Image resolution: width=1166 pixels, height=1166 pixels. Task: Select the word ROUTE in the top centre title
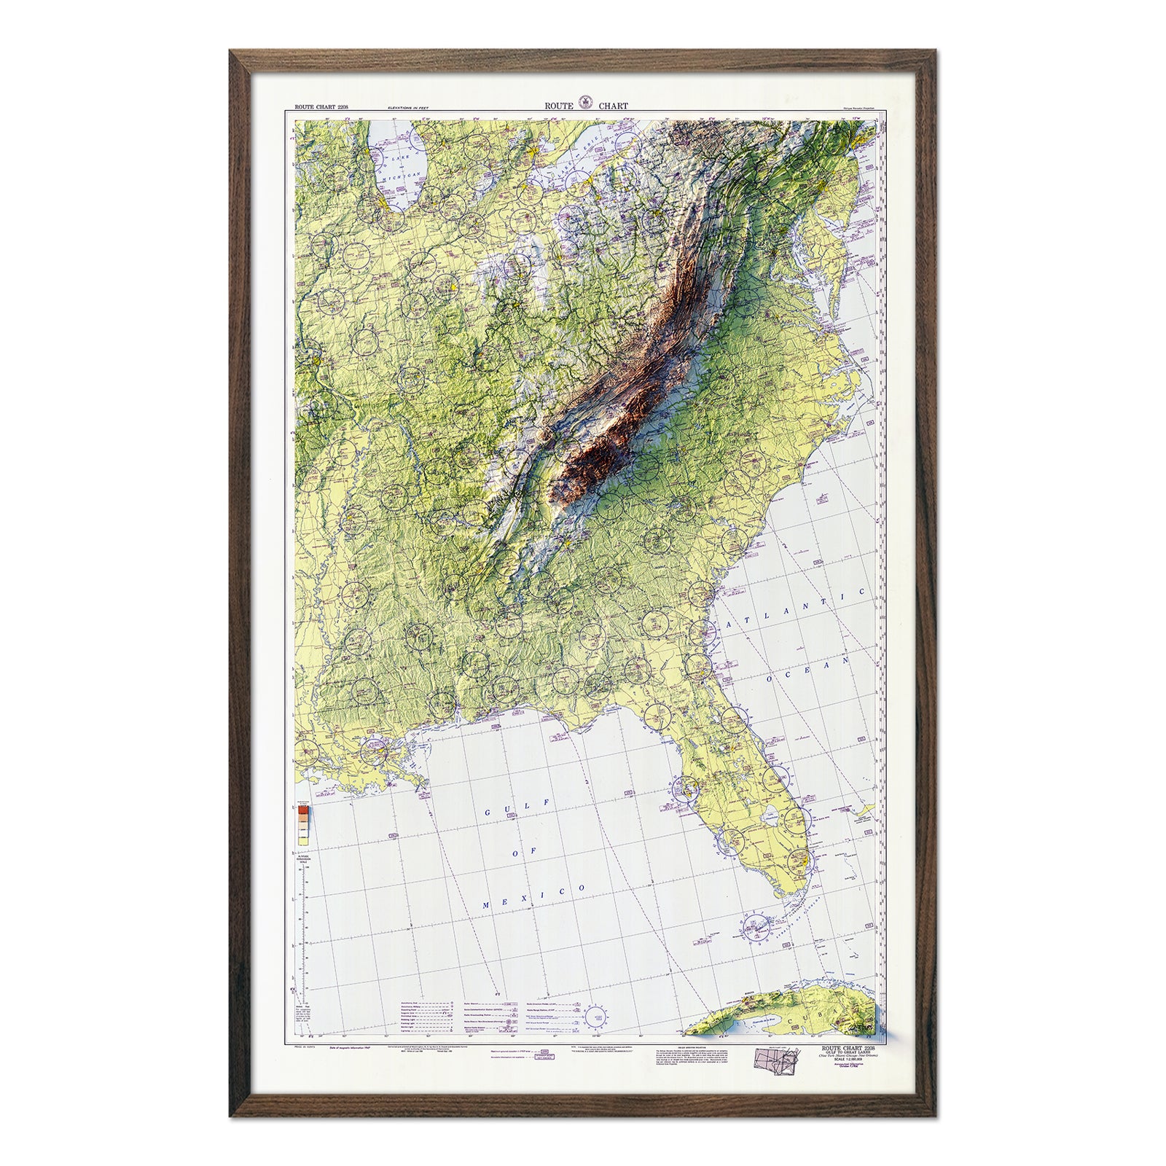[558, 106]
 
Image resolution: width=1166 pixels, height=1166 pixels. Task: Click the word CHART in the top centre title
[614, 106]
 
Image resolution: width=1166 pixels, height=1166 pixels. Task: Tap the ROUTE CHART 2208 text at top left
[321, 107]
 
